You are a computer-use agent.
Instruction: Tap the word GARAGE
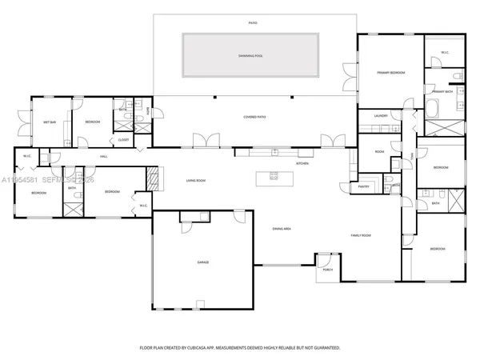[203, 262]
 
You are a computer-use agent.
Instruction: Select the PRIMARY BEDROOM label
[390, 73]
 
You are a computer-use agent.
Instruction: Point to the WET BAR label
[50, 122]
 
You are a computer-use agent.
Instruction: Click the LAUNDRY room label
[381, 116]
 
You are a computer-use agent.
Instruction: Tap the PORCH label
[328, 270]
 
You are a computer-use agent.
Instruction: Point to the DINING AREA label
[281, 229]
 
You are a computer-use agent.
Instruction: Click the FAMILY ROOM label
[362, 235]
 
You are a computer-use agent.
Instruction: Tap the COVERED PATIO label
[254, 117]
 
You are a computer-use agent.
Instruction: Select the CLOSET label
[123, 140]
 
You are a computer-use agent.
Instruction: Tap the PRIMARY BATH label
[442, 92]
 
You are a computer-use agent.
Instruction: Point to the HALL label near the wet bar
[103, 156]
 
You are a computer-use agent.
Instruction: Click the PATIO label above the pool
[253, 23]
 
